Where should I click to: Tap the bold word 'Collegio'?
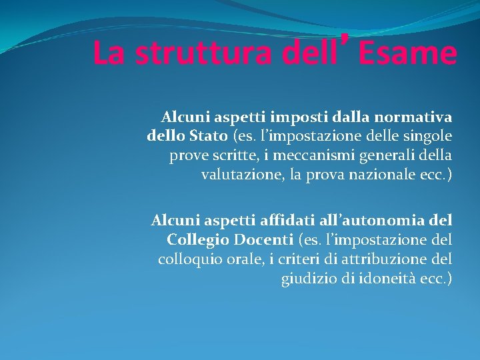pos(195,239)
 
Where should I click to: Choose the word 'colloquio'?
pos(187,259)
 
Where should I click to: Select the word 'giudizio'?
pos(309,278)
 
